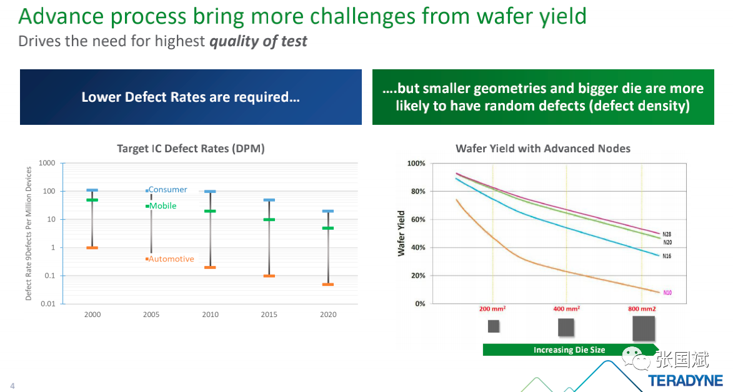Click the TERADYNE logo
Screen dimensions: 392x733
(x=685, y=380)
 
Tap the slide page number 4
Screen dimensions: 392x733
(x=12, y=386)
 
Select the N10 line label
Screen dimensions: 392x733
(x=667, y=292)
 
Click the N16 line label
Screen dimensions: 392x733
(x=667, y=256)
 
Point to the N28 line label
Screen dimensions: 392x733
(x=667, y=234)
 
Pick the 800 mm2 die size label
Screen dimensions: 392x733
(x=642, y=309)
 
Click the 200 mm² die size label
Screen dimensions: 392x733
(x=492, y=309)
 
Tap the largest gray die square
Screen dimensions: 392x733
(x=644, y=328)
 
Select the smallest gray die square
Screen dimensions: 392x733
(x=494, y=326)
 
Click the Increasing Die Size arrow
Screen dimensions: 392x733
(x=570, y=350)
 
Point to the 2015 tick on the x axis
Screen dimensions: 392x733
(x=269, y=315)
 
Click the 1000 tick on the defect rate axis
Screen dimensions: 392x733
(x=47, y=163)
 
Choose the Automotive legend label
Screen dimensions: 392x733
(x=171, y=259)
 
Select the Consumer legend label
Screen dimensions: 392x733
(x=167, y=190)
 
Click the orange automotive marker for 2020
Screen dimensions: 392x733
(x=328, y=285)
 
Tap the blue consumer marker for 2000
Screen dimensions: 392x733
(x=92, y=190)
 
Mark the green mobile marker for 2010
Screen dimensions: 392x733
(x=210, y=211)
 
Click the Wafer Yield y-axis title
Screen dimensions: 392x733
(x=402, y=233)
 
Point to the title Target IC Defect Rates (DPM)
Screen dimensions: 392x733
(x=191, y=149)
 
